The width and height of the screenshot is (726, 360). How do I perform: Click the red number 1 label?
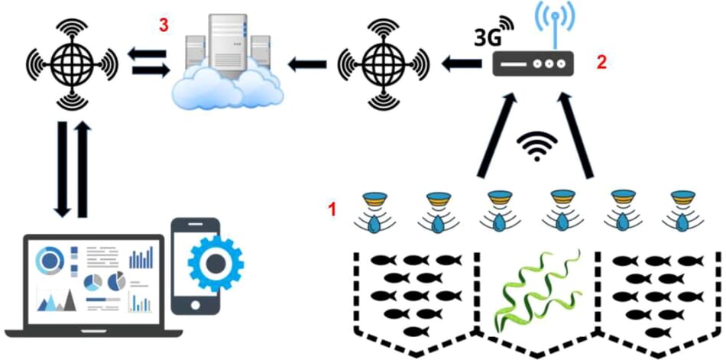tap(332, 209)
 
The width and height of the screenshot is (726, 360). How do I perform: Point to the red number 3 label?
tap(164, 25)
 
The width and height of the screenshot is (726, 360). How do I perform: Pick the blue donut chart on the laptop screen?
tap(51, 261)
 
